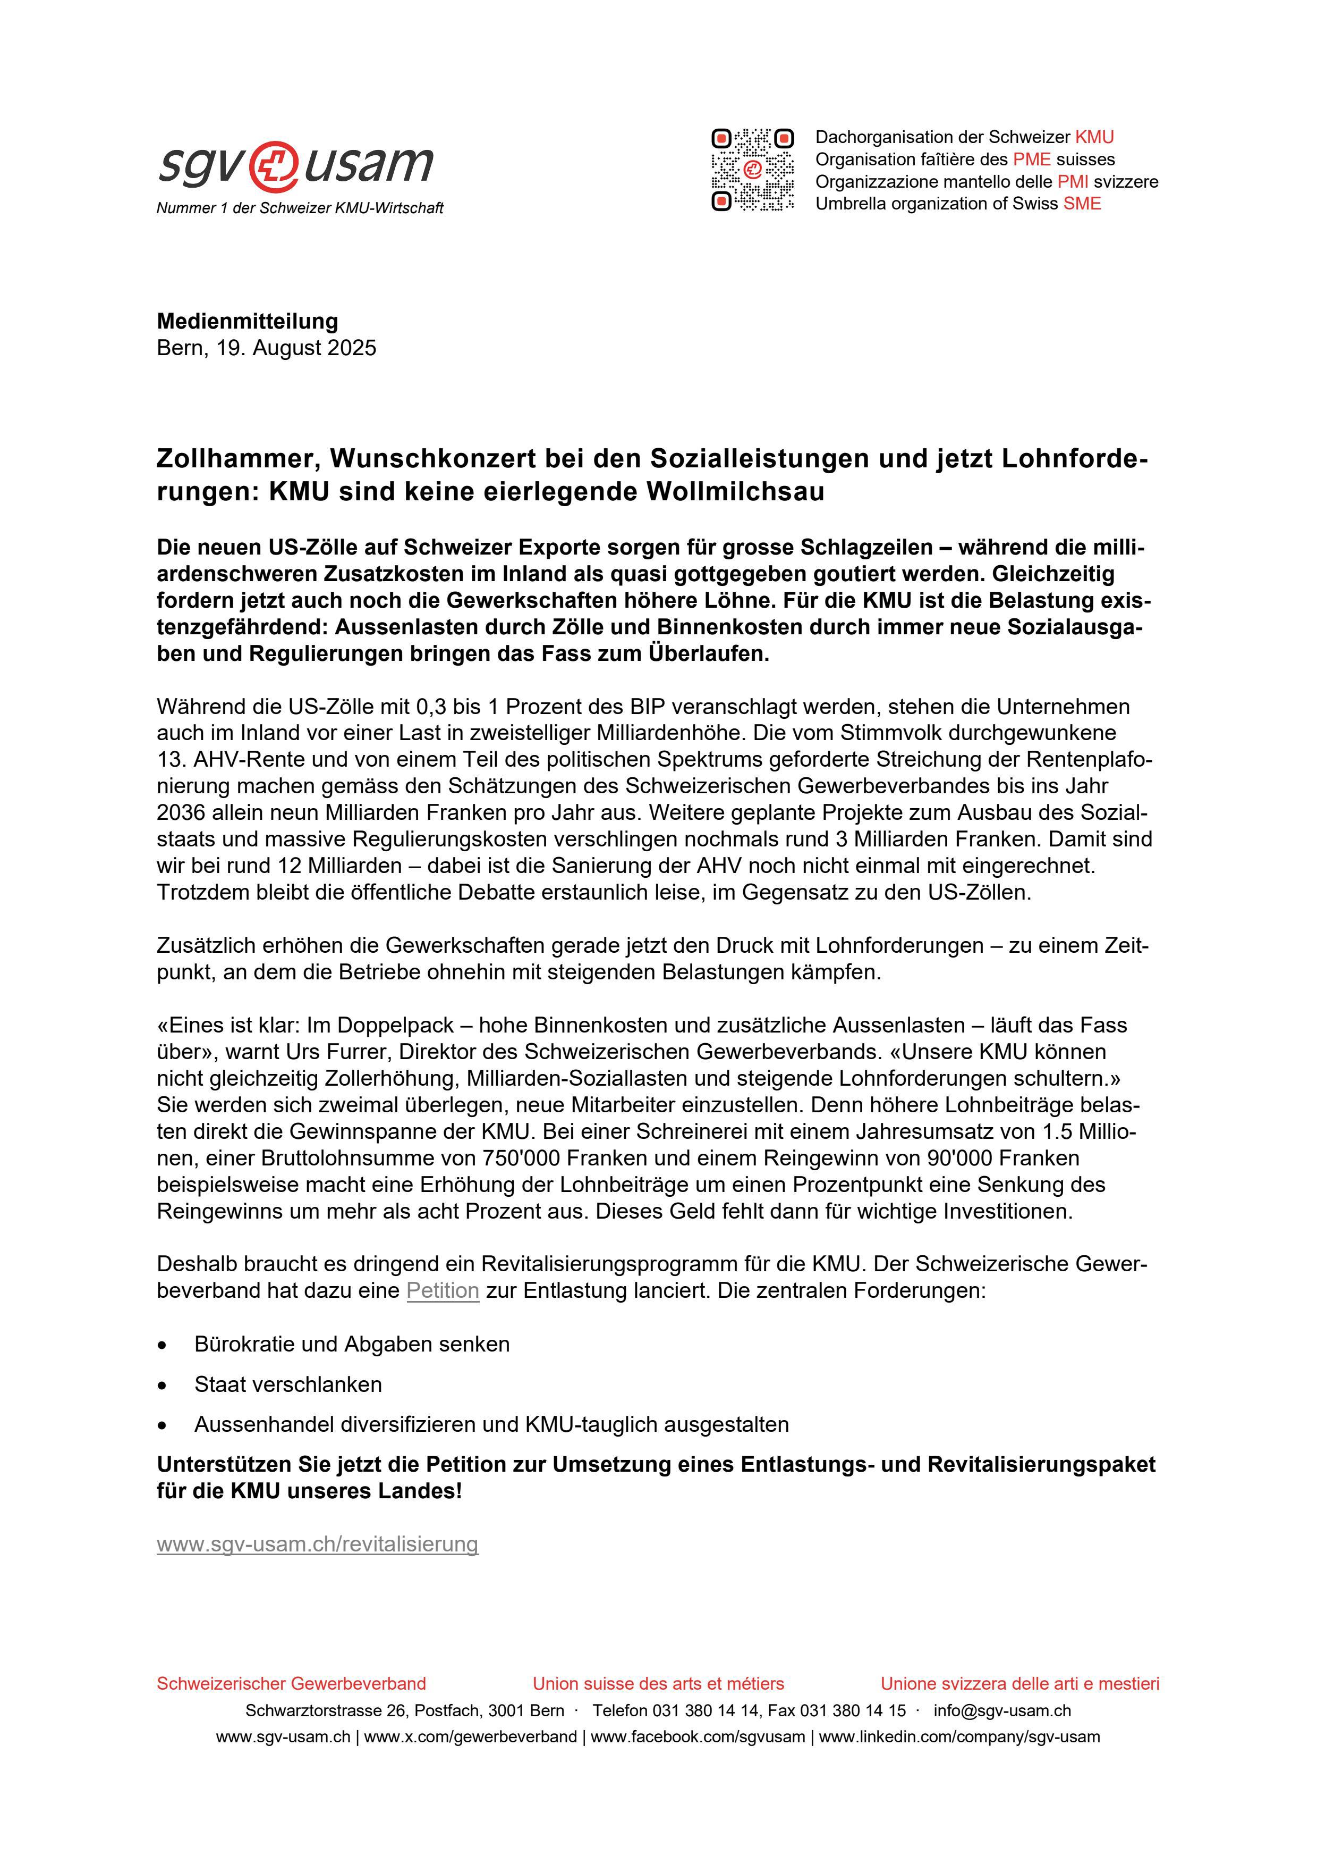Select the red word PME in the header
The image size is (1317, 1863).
pos(1032,159)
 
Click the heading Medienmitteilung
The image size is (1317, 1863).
pos(248,321)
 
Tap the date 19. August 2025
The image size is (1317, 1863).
pos(296,348)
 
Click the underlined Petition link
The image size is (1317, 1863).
pos(443,1290)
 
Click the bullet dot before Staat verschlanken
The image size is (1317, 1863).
pos(163,1385)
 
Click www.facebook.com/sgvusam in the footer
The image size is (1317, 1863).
pos(698,1737)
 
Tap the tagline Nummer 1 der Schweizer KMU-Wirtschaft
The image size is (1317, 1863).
pos(300,208)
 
